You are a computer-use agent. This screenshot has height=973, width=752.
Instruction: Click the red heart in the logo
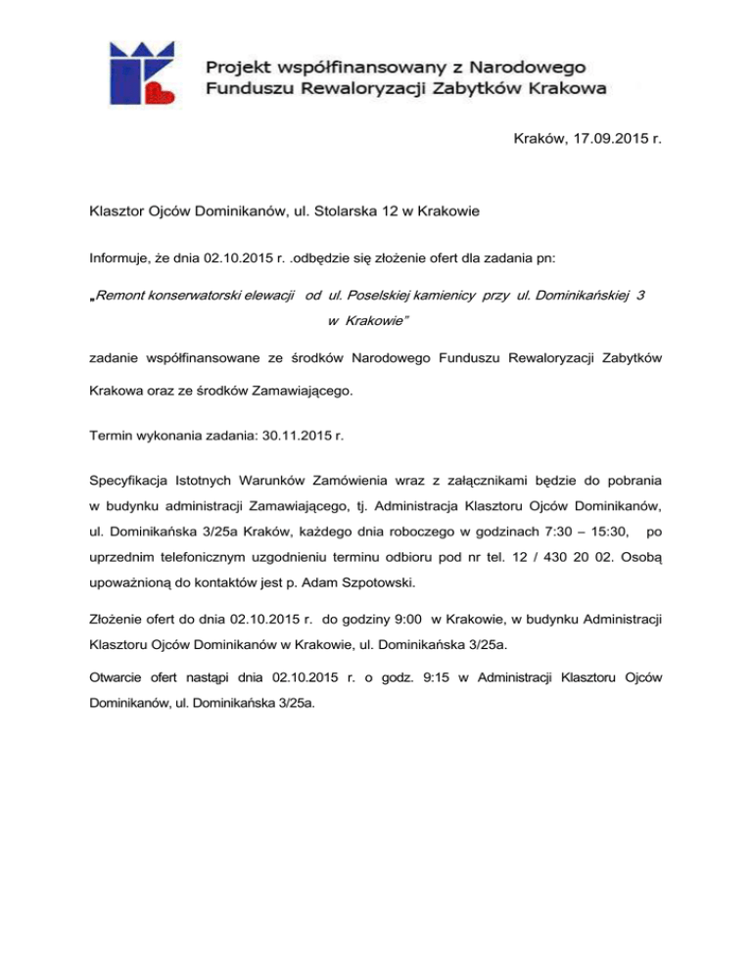(x=161, y=93)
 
